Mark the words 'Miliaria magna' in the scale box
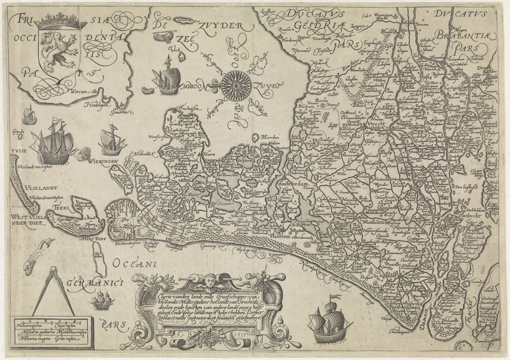pyautogui.click(x=29, y=339)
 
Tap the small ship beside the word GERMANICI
pyautogui.click(x=103, y=300)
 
